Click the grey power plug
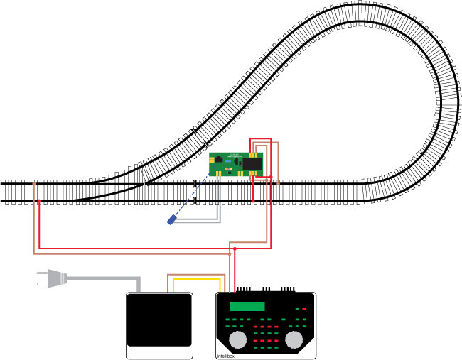(56, 278)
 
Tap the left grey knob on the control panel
(238, 339)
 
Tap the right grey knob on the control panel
(294, 339)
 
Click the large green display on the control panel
(247, 306)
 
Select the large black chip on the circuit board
(252, 164)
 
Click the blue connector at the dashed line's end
(171, 220)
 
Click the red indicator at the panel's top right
(304, 309)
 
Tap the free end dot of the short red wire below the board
(253, 201)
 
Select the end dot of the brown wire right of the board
(278, 184)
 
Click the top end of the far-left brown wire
(33, 184)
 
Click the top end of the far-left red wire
(39, 201)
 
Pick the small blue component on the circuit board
(228, 161)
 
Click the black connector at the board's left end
(218, 159)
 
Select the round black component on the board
(237, 161)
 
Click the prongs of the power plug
(42, 278)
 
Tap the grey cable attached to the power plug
(107, 278)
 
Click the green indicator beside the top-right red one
(297, 309)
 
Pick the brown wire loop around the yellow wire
(196, 274)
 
